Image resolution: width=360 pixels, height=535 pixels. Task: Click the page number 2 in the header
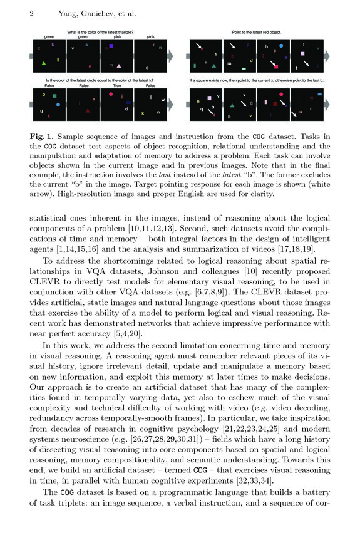[x=31, y=12]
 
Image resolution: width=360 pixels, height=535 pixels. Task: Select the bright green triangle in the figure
[x=43, y=64]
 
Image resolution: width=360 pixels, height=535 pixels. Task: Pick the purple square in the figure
[x=111, y=46]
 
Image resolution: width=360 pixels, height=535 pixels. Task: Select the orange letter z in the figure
[x=39, y=48]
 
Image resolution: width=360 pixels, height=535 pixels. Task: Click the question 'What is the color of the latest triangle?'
[x=101, y=31]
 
